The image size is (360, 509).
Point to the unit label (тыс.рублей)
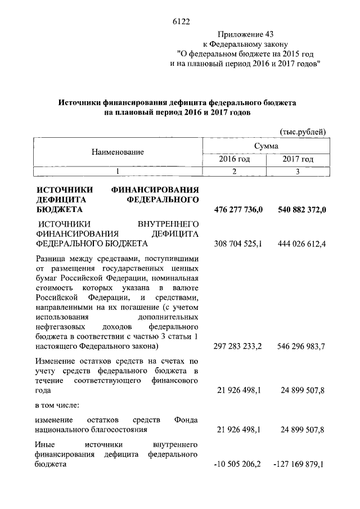(303, 131)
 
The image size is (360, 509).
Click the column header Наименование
(118, 152)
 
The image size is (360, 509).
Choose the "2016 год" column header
(234, 160)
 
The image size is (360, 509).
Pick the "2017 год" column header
(298, 160)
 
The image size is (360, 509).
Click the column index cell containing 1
(118, 171)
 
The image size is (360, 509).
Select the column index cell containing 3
(298, 171)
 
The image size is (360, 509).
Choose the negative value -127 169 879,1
(299, 465)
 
